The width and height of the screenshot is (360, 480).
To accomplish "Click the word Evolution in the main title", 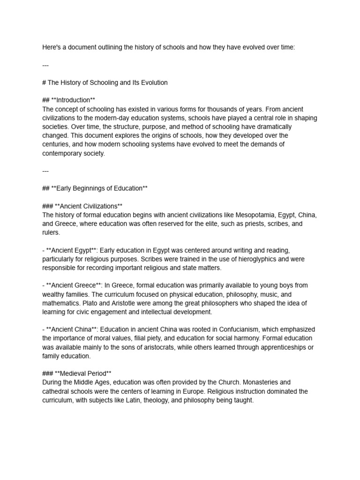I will pos(153,82).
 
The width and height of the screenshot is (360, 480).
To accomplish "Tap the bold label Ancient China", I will pos(72,330).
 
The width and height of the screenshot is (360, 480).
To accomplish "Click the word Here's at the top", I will pos(52,47).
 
